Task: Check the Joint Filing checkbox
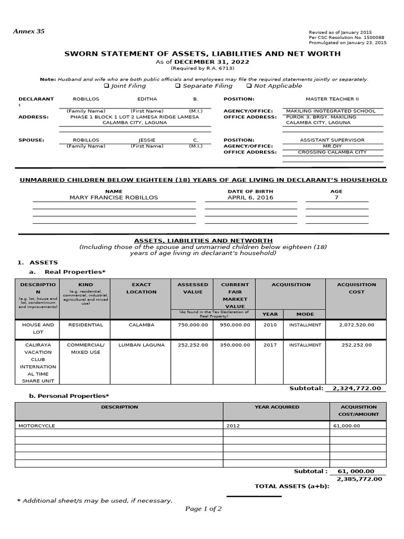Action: click(x=106, y=86)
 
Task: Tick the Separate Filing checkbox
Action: click(x=178, y=86)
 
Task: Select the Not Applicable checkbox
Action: click(x=249, y=86)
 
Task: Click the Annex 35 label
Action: click(x=29, y=32)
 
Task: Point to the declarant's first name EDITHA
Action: click(x=147, y=99)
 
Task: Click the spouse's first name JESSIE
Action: click(x=147, y=140)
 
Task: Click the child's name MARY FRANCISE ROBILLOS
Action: click(x=114, y=197)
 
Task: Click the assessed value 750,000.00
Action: click(x=193, y=325)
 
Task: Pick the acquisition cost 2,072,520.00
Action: click(x=357, y=325)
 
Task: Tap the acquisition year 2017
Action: click(x=270, y=345)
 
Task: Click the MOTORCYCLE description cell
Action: click(x=37, y=425)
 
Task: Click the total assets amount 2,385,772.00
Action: click(x=359, y=479)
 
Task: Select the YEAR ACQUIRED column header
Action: click(x=277, y=407)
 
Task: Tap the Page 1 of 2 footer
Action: click(x=203, y=508)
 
